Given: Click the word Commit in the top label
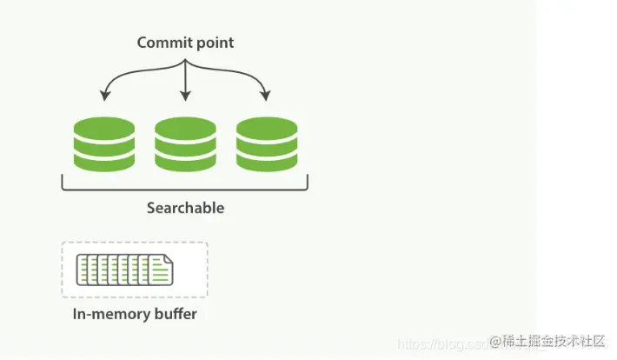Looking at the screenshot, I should tap(160, 43).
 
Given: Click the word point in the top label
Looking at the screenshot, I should tap(214, 43).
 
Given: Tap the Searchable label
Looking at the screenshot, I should tap(185, 208).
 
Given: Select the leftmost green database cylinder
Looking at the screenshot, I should tap(103, 143).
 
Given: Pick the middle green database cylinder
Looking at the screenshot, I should tap(184, 143).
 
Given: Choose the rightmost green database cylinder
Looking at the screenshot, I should tap(266, 143).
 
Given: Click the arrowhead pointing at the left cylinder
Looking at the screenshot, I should tap(104, 95).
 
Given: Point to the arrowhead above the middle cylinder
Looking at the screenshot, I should tap(185, 95).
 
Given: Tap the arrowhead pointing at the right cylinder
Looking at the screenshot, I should tap(266, 95).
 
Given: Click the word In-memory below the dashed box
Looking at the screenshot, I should tap(109, 314).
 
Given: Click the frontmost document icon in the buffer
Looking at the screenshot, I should tap(160, 270).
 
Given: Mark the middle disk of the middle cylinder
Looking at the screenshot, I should tap(184, 144).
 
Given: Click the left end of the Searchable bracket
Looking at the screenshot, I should tap(63, 183).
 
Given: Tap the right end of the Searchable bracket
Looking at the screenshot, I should tap(308, 183).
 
